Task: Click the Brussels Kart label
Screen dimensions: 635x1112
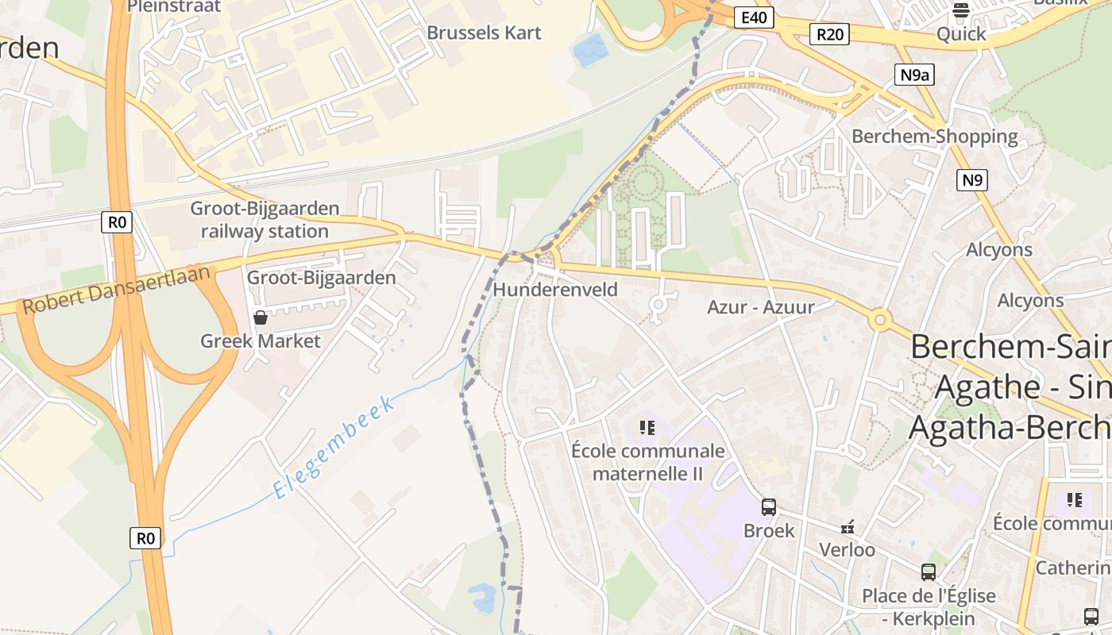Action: [x=484, y=33]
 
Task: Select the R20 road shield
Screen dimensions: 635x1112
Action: [x=829, y=33]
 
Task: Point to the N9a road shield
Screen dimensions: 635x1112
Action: [x=914, y=75]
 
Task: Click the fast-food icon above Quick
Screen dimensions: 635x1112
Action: [x=960, y=10]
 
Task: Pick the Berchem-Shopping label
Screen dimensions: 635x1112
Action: [x=934, y=137]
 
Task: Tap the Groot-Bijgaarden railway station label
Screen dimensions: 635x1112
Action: [x=264, y=220]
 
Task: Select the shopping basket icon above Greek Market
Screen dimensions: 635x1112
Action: [x=260, y=317]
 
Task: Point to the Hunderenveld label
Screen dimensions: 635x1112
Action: [x=555, y=290]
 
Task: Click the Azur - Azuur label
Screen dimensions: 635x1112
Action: [x=761, y=306]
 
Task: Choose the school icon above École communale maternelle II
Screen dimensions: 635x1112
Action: [x=647, y=428]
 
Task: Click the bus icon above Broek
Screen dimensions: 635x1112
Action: [x=768, y=506]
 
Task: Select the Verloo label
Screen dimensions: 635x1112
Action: [x=847, y=549]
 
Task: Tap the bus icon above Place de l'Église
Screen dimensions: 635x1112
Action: [x=928, y=571]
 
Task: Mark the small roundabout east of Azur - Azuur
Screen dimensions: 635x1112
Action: [x=879, y=321]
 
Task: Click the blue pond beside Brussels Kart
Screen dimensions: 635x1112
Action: [x=590, y=51]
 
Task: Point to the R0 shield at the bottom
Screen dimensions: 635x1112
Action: [x=145, y=538]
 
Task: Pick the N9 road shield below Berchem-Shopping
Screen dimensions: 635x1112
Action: [x=972, y=180]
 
